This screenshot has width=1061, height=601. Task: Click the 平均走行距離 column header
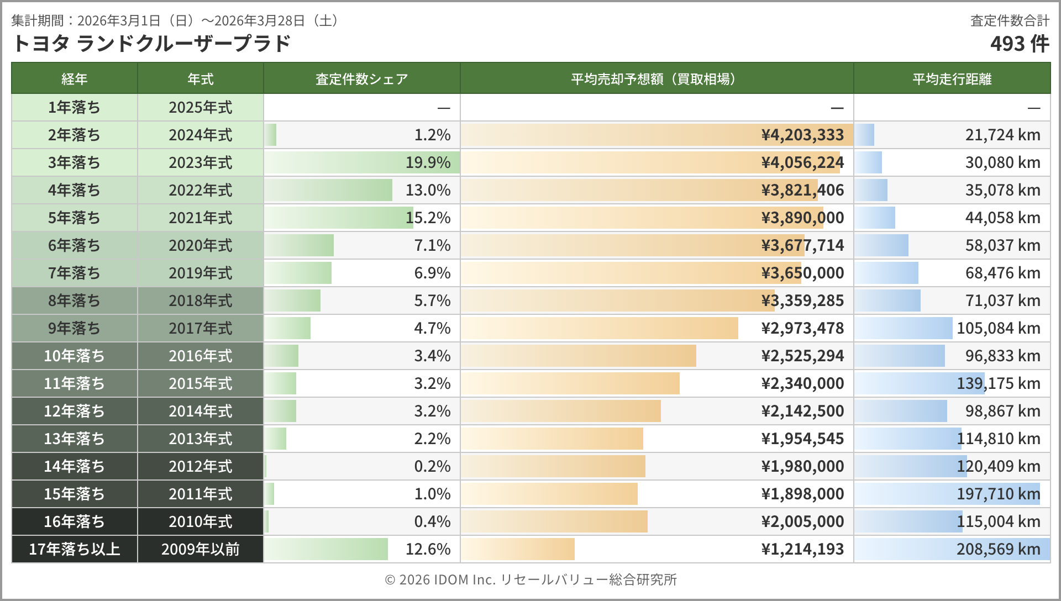coord(952,79)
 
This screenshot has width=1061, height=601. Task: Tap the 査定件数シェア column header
coord(361,79)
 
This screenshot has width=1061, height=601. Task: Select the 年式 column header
coord(200,79)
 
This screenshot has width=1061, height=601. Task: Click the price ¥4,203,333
coord(802,135)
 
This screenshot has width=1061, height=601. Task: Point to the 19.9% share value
coord(428,162)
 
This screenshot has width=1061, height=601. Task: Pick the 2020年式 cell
coord(200,245)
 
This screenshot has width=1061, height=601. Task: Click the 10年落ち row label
coord(74,356)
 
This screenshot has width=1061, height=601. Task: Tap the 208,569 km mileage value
coord(998,549)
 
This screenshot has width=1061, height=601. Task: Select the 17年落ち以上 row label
coord(74,549)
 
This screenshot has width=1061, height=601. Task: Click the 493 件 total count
coord(1019,44)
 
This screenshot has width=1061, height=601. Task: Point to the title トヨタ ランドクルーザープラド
coord(151,44)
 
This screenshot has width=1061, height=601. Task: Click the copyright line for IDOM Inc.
coord(530,579)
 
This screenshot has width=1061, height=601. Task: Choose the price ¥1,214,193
coord(802,549)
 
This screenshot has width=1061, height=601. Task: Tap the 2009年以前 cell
coord(200,549)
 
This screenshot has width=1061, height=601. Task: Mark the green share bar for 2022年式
coord(328,190)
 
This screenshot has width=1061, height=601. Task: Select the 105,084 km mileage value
coord(998,328)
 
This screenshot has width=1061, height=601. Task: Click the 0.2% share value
coord(432,466)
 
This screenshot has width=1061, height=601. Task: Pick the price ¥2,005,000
coord(802,521)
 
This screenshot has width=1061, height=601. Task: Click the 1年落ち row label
coord(74,107)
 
